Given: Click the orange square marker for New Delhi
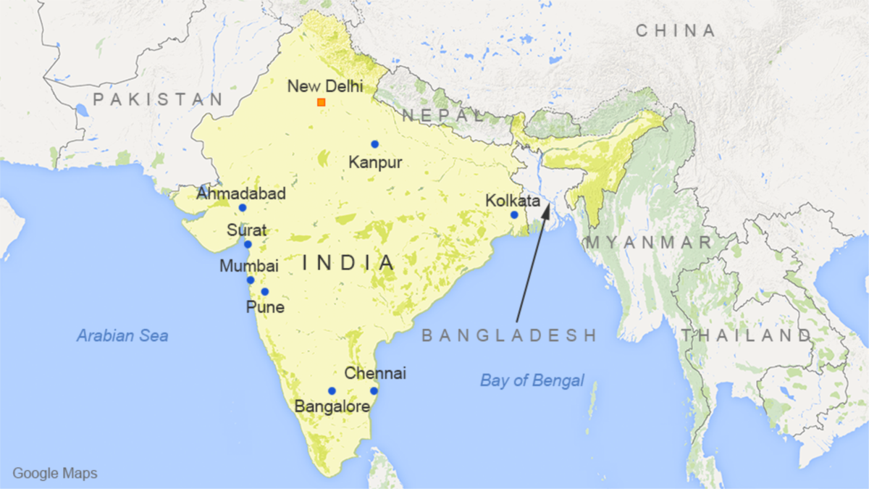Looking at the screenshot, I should click(321, 102).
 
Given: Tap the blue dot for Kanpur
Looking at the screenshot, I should click(374, 144).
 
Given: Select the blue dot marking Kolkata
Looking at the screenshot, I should click(514, 214).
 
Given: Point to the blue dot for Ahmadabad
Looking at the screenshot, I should click(243, 208).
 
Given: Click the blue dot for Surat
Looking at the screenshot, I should click(248, 244).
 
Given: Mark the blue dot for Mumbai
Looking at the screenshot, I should click(251, 280).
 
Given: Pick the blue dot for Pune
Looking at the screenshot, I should click(265, 292).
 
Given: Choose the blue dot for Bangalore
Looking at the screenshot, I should click(332, 391).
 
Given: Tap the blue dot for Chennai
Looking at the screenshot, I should click(374, 391).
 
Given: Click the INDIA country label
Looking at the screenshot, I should click(349, 262).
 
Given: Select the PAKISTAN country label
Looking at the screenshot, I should click(158, 99).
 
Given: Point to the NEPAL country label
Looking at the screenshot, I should click(442, 115).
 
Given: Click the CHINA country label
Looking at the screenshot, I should click(675, 30).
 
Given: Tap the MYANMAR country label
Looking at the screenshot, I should click(650, 243).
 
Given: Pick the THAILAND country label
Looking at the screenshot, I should click(746, 335).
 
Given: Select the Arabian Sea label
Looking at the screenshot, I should click(122, 335).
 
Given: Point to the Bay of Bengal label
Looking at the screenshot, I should click(532, 380).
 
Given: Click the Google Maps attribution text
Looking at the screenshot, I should click(55, 474).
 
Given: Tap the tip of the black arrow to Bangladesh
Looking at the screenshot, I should click(547, 204).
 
